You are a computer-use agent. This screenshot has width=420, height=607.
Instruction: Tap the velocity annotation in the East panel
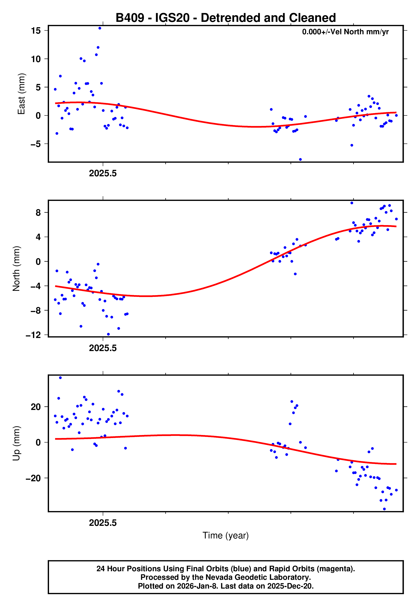click(x=345, y=32)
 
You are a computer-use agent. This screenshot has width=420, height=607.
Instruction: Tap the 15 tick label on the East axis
click(x=36, y=31)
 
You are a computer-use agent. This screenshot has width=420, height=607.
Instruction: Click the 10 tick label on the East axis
click(x=36, y=59)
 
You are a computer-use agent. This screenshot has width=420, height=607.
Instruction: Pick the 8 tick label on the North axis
click(x=38, y=212)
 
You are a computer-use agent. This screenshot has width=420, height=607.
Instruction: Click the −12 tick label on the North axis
click(x=33, y=335)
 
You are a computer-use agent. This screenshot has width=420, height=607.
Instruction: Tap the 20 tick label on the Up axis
click(x=36, y=407)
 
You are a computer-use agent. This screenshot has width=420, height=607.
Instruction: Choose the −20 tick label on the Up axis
click(x=33, y=478)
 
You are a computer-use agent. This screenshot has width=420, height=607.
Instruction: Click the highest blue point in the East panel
click(x=100, y=28)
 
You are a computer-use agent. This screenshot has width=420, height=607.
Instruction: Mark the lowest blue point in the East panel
click(x=300, y=160)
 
